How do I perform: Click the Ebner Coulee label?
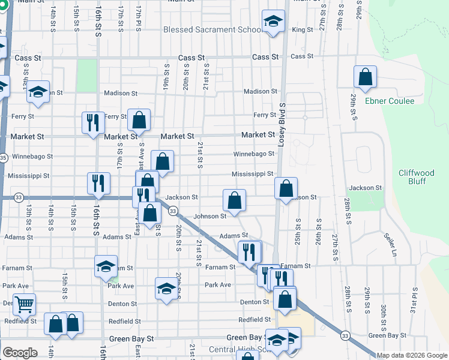[390, 101]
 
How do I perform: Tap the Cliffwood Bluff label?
[420, 177]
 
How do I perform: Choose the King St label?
[303, 29]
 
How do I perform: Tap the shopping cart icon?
[24, 304]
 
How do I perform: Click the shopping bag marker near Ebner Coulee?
[365, 77]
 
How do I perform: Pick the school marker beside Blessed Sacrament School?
[273, 23]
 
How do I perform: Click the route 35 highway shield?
[4, 158]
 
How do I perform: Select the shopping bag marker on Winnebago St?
[162, 161]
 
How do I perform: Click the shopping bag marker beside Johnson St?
[234, 200]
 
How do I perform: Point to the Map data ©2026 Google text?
[412, 355]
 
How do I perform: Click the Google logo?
[20, 353]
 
